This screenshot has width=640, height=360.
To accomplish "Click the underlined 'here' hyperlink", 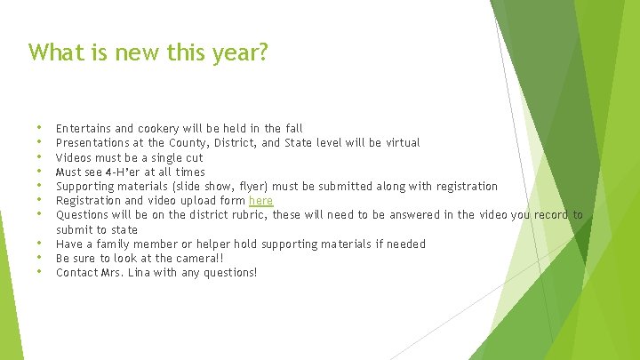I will coord(260,201).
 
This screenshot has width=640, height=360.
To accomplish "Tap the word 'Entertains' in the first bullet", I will coord(82,129).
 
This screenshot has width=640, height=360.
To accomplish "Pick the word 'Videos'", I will coord(73,157).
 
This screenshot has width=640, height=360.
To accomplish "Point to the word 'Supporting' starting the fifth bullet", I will coord(84,187).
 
